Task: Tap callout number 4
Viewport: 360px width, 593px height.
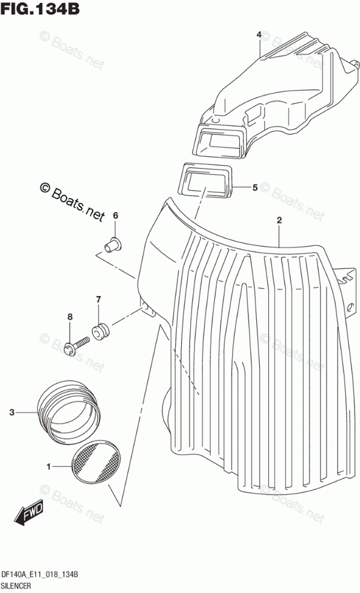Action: pos(259,35)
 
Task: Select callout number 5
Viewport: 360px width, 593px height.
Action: pos(254,188)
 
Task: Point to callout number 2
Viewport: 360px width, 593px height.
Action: pos(279,221)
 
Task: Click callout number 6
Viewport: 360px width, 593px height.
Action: pos(116,215)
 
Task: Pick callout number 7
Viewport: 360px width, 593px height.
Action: pos(98,300)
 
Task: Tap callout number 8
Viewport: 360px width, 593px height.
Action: pos(70,317)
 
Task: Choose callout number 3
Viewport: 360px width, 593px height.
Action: pos(11,412)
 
